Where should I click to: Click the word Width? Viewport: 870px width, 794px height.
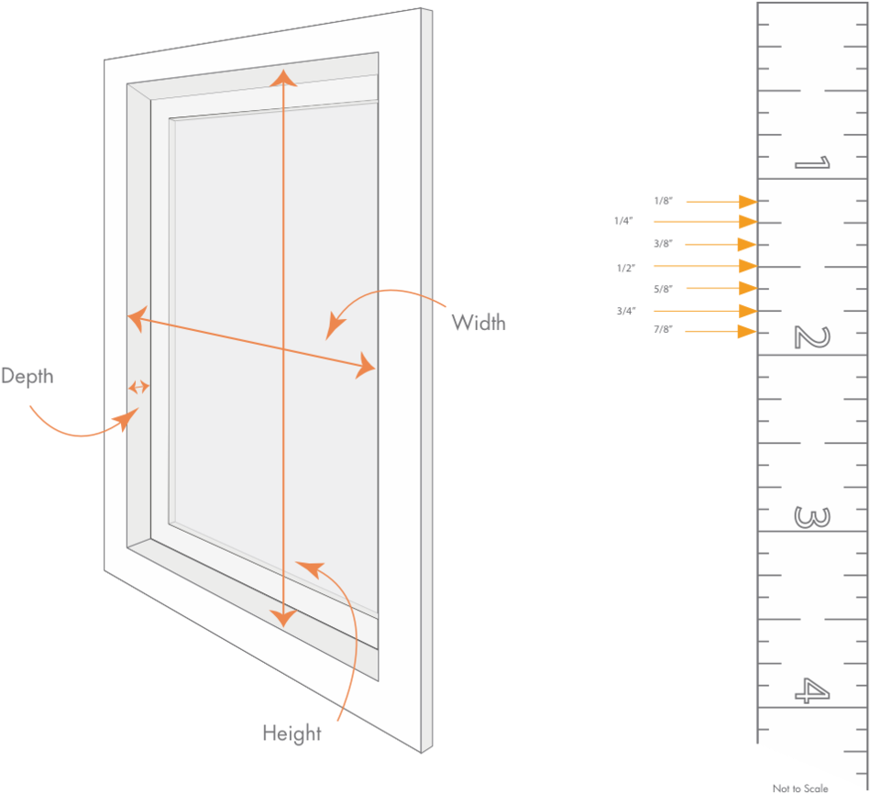coord(478,322)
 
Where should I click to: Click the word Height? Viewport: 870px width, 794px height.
coord(292,733)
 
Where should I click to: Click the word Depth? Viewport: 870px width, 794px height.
coord(27,376)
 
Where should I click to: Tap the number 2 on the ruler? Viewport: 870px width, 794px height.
coord(811,338)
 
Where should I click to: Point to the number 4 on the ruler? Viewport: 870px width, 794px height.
coord(811,690)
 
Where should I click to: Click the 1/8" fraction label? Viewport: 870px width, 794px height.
coord(663,200)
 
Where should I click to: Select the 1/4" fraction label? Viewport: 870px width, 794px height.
coord(623,221)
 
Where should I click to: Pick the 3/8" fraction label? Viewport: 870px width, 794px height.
coord(663,244)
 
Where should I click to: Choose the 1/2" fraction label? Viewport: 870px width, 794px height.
coord(625,268)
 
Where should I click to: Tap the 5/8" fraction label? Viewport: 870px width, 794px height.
coord(663,289)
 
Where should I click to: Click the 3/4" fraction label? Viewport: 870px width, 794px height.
coord(625,311)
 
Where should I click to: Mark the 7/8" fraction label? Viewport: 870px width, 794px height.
coord(663,329)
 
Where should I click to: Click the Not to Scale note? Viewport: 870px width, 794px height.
coord(799,788)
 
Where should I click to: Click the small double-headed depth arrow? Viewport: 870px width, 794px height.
coord(138,387)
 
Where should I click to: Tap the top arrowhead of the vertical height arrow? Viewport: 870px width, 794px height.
coord(283,77)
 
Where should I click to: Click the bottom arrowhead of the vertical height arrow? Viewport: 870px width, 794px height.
coord(284,616)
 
